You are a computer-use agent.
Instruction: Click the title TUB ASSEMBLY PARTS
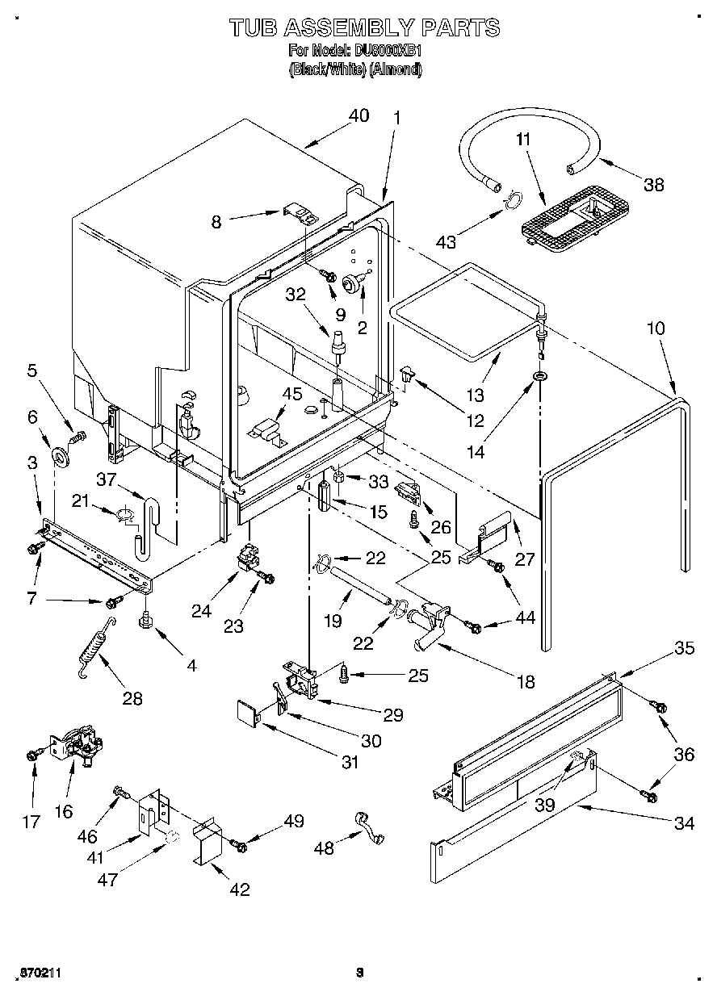coord(364,27)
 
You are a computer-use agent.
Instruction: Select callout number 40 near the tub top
coord(358,115)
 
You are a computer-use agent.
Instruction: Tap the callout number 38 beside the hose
coord(653,184)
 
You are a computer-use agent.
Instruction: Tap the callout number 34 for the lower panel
coord(684,823)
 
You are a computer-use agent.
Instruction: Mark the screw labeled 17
coord(32,754)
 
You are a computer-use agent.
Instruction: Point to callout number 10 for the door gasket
coord(656,329)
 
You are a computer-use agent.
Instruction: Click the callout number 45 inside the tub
coord(291,394)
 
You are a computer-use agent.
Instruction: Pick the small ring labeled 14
coord(538,376)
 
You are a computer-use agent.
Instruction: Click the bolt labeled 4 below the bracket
coord(146,620)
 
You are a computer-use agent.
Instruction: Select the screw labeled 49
coord(239,843)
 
